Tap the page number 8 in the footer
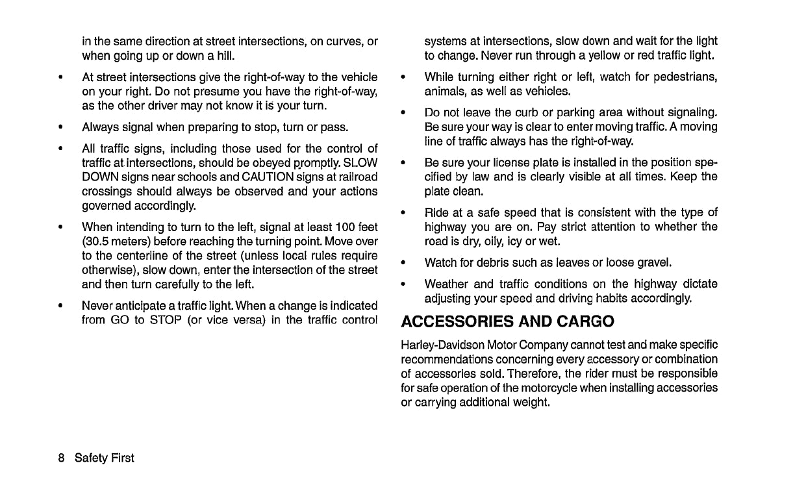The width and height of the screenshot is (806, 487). click(61, 458)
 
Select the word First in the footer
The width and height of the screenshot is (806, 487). click(122, 458)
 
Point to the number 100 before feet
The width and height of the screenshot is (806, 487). click(345, 227)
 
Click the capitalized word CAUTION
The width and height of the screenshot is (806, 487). click(266, 177)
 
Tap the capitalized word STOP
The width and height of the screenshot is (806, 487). click(165, 319)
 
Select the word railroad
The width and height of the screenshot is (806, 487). click(356, 177)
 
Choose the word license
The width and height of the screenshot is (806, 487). click(507, 162)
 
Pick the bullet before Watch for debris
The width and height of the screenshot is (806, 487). click(403, 263)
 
